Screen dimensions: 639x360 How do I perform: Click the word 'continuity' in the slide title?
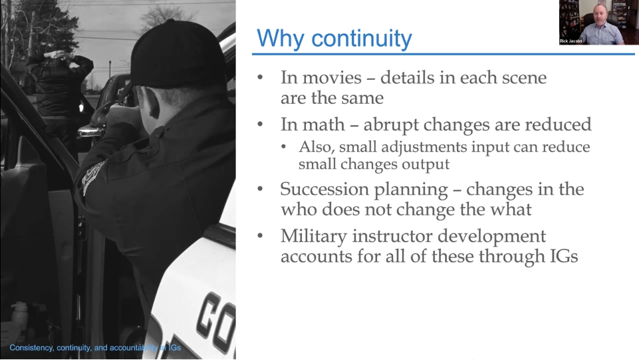click(x=362, y=39)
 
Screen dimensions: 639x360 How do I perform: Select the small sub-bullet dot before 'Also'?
click(x=284, y=147)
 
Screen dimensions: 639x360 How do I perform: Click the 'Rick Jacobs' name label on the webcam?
click(x=571, y=41)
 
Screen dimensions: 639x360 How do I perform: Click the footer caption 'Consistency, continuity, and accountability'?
click(x=84, y=348)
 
